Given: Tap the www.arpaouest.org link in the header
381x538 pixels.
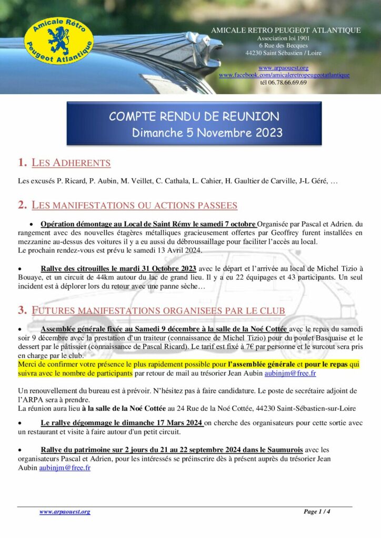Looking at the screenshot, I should point(283,68).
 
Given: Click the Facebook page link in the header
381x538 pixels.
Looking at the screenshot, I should point(284,75).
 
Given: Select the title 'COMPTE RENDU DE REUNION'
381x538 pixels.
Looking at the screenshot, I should point(194,116).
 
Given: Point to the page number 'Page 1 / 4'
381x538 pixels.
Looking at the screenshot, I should point(317,512).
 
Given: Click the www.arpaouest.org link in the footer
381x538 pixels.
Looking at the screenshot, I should point(65,512).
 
